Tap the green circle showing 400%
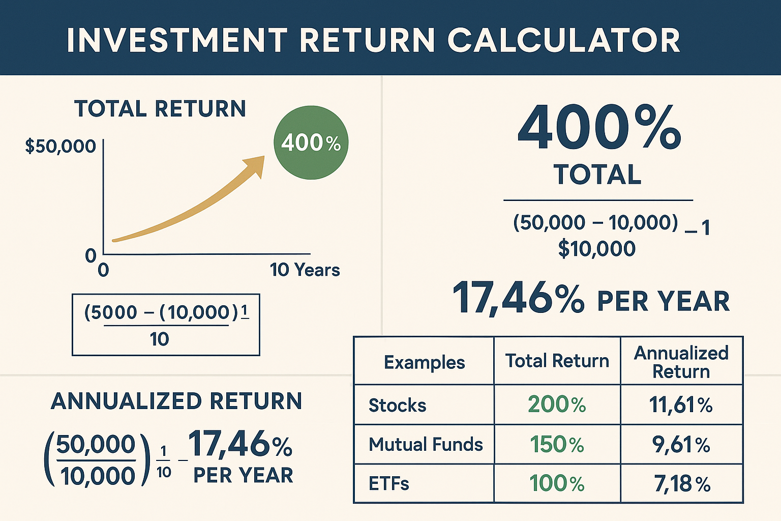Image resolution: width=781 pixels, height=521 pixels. pyautogui.click(x=311, y=142)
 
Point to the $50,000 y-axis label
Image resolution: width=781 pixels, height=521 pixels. pyautogui.click(x=61, y=147)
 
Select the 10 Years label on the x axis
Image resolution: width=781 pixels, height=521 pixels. pyautogui.click(x=305, y=270)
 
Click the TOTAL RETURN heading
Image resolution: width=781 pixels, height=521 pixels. pyautogui.click(x=160, y=109)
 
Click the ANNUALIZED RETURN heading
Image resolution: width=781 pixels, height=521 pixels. pyautogui.click(x=176, y=401)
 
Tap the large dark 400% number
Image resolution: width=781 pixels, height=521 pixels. pyautogui.click(x=599, y=128)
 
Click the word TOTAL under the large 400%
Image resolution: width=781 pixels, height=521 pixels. pyautogui.click(x=597, y=175)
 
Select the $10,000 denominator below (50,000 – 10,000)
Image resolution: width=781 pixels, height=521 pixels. pyautogui.click(x=597, y=249)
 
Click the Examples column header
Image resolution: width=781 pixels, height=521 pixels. pyautogui.click(x=424, y=362)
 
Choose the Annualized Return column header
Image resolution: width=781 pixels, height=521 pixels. pyautogui.click(x=681, y=362)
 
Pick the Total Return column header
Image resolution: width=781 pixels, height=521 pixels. pyautogui.click(x=557, y=361)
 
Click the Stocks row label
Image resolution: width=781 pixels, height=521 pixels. pyautogui.click(x=397, y=406)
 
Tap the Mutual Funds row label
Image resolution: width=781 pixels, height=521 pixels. pyautogui.click(x=426, y=445)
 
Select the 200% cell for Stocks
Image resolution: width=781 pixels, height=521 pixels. pyautogui.click(x=557, y=404)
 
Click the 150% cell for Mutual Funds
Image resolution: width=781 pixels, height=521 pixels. pyautogui.click(x=557, y=445)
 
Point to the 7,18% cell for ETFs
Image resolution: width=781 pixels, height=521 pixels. pyautogui.click(x=682, y=484)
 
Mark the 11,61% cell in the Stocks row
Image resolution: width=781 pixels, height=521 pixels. pyautogui.click(x=681, y=405)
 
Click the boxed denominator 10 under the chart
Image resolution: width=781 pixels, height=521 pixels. pyautogui.click(x=159, y=339)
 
